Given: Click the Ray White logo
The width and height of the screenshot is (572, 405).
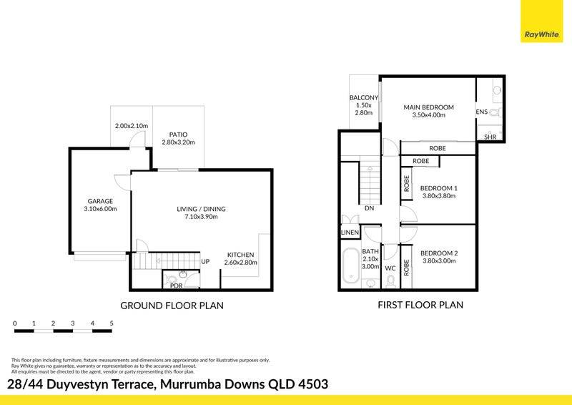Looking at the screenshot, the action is coord(542,21).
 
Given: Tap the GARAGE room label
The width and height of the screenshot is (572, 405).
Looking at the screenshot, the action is coord(100,201).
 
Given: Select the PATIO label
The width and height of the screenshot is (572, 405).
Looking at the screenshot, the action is coord(178,135).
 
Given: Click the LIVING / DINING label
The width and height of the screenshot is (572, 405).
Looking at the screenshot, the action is coord(202,209).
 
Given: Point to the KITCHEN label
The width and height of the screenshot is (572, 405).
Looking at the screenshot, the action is coord(241,255).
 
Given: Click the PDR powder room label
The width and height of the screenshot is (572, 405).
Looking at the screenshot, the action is coord(177,286).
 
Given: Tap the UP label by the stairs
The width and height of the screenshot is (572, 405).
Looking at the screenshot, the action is coord(205,261).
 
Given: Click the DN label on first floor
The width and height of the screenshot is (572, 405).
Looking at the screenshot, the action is coord(370,208).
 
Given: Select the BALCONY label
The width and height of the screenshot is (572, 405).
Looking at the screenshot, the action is coord(364,98).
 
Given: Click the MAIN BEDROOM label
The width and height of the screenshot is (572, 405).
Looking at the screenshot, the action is coord(428,107).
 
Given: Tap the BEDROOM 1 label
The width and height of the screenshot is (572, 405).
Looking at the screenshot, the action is coord(439,188).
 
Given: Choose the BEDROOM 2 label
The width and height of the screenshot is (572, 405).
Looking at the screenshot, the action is coord(439,253).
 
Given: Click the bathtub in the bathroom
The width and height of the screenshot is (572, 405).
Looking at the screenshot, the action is coord(351,265).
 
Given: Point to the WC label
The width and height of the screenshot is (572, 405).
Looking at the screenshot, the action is coord(390,268).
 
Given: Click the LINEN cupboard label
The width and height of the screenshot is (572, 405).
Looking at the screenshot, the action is coord(350,233).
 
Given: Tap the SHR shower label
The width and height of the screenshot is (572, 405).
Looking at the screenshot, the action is coord(490,137).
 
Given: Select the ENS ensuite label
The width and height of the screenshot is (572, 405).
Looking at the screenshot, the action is coord(481,112).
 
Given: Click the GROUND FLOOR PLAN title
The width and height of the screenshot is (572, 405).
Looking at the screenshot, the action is coord(172,306).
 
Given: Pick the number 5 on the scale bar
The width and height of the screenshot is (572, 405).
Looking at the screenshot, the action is coord(112,323).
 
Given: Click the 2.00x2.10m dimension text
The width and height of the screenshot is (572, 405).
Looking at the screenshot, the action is coord(132,126).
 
